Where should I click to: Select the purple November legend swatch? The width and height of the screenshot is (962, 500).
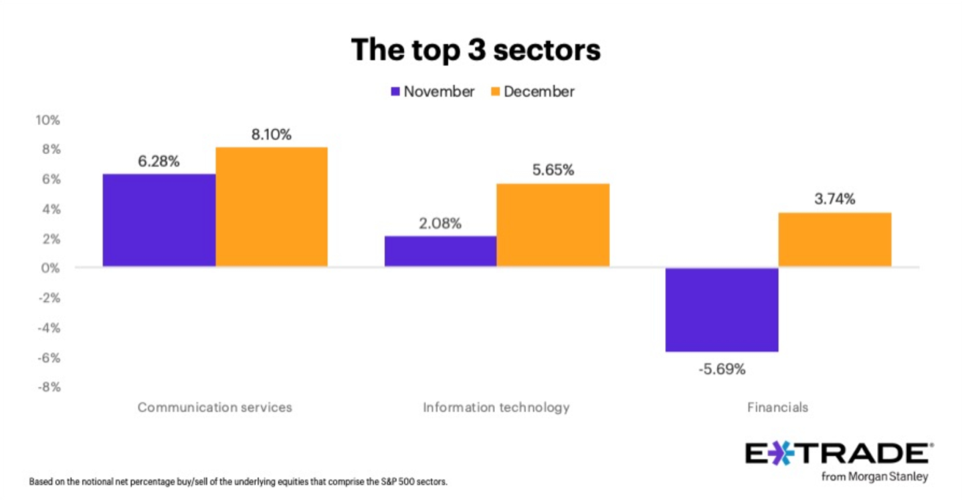coord(395,92)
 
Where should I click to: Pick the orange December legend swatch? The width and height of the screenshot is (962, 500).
coord(496,92)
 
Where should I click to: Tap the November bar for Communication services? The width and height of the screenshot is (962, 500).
coord(159,221)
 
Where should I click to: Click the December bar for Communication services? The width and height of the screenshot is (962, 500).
coord(272,207)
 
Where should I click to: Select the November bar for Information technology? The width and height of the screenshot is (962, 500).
coord(440,251)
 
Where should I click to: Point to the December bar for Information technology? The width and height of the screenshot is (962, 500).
coord(553,225)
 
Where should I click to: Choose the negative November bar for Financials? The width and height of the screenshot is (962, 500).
coord(722,309)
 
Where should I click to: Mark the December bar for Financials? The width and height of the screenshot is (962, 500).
coord(834,240)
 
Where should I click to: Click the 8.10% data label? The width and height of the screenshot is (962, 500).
coord(271,135)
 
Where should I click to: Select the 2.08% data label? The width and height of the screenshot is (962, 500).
coord(440,223)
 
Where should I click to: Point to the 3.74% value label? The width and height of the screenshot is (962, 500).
coord(834,199)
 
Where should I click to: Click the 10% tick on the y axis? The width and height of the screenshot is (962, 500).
coord(48,121)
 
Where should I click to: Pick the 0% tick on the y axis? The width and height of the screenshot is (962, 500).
coord(51,268)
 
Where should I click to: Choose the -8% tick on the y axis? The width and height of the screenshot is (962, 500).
coord(48,387)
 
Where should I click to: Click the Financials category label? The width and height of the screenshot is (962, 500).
coord(777,407)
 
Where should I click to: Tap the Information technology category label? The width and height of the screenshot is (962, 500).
coord(496,407)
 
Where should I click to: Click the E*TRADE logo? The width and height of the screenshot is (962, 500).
coord(839,454)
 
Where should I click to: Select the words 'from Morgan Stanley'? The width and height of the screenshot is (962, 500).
coord(875,477)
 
